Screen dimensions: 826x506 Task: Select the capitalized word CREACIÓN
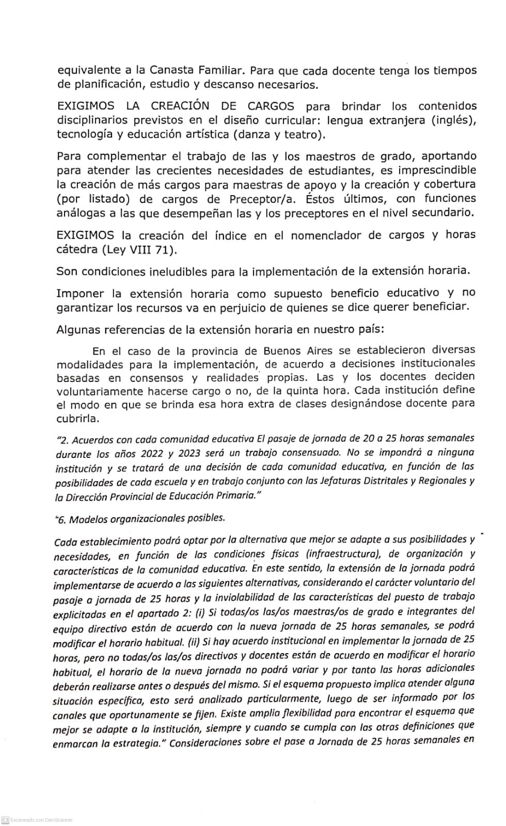point(180,106)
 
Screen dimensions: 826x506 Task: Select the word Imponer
point(80,294)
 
